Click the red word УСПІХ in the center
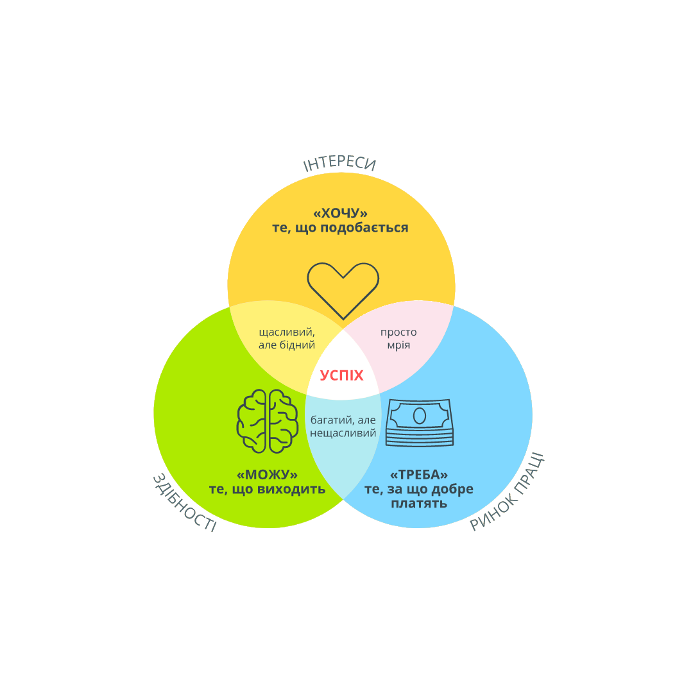(342, 375)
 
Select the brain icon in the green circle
(268, 421)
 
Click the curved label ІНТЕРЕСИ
(339, 164)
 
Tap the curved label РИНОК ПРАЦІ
(507, 493)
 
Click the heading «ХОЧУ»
(340, 213)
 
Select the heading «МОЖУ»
(267, 475)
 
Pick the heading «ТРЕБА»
(419, 475)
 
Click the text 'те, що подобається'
(340, 228)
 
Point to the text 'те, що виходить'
(267, 490)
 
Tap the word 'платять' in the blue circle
(419, 504)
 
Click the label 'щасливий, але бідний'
(287, 338)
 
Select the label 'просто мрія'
(398, 338)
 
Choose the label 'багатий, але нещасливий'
(343, 427)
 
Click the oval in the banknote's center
(420, 416)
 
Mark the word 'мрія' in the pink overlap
(398, 345)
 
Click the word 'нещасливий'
(343, 434)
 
